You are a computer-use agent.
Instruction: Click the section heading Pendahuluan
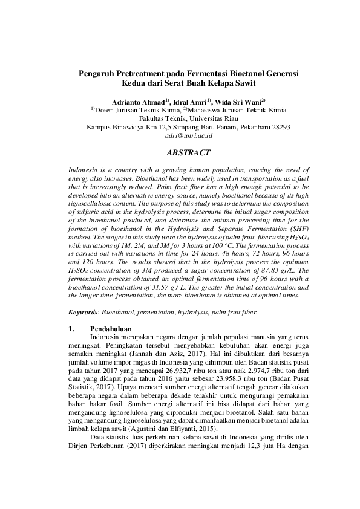[112, 328]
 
